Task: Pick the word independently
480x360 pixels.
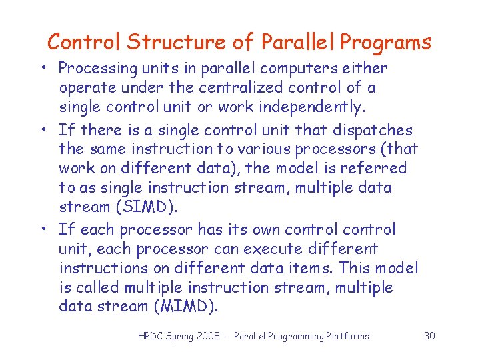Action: pos(311,107)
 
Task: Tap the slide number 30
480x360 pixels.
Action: pos(429,336)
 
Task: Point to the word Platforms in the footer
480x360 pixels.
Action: pos(346,336)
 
